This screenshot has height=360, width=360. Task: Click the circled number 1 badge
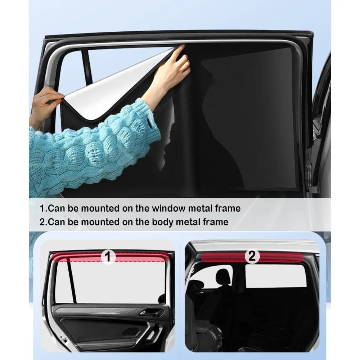click(108, 256)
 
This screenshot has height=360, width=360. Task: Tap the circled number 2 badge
click(252, 256)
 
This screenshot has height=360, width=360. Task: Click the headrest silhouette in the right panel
click(222, 276)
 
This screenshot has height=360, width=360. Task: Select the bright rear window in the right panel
click(276, 276)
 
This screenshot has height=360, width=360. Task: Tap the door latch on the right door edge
click(314, 190)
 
